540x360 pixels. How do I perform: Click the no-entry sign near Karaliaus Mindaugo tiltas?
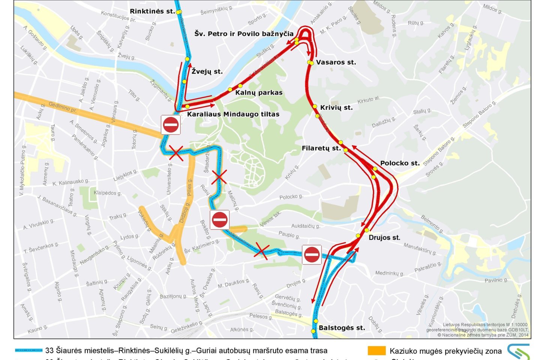[171, 125]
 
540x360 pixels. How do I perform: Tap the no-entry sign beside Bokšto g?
[219, 220]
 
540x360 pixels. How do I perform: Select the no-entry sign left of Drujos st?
[312, 255]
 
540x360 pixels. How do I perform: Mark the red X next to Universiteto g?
[176, 153]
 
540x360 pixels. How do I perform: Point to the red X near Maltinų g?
[219, 177]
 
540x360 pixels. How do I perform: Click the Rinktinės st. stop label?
[152, 11]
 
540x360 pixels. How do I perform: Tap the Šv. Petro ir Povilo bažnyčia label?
[244, 34]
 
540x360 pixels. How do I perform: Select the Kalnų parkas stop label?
[259, 93]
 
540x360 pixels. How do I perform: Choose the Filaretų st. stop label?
[321, 148]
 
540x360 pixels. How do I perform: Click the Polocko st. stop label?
[400, 163]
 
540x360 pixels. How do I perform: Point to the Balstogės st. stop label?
[342, 328]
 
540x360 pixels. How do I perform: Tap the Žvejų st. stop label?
[207, 71]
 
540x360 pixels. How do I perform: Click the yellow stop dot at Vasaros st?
[310, 63]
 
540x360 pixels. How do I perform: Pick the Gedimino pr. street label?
[63, 107]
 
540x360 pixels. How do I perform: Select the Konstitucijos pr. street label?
[118, 16]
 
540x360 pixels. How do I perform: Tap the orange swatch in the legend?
[376, 351]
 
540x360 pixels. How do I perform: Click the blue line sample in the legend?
[28, 350]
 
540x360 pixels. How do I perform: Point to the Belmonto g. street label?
[432, 224]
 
